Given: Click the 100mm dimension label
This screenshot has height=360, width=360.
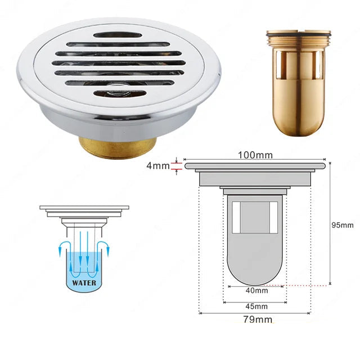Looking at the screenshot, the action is click(255, 155).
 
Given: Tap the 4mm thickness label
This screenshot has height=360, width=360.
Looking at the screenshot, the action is click(158, 165).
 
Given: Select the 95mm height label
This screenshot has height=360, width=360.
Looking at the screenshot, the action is click(343, 225).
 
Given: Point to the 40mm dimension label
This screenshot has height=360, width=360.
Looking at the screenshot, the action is click(256, 291).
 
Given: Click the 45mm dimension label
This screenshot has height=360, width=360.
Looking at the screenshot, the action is click(256, 306).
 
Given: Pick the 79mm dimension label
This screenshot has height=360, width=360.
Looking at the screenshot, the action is click(258, 319).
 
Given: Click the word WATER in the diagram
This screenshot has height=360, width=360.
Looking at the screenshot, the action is click(84, 282).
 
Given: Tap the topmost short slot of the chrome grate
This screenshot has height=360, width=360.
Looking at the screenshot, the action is click(118, 35).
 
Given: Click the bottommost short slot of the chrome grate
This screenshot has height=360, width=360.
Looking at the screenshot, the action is click(120, 93).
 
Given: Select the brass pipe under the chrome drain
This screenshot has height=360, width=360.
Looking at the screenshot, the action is click(118, 147).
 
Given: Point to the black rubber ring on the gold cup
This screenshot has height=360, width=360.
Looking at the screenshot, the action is click(299, 35).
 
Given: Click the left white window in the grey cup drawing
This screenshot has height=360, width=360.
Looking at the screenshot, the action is click(236, 218).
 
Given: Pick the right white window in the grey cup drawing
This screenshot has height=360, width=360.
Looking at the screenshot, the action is click(273, 218).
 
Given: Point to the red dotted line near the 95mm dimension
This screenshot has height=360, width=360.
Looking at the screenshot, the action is click(296, 286).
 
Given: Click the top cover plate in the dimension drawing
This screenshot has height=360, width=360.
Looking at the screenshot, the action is click(255, 166).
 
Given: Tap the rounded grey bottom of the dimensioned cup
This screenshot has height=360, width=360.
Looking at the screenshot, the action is click(255, 271).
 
